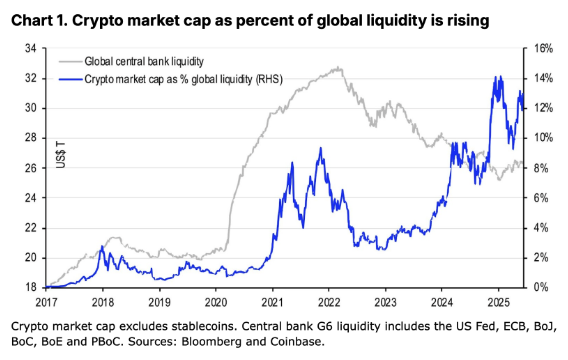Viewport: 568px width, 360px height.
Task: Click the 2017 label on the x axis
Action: click(45, 300)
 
